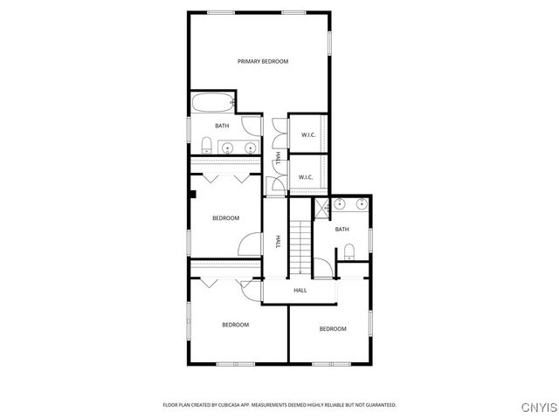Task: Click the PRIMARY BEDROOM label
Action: click(x=263, y=61)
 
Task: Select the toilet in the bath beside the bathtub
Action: click(x=206, y=144)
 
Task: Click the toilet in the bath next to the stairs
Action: click(x=349, y=251)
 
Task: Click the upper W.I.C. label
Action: click(x=308, y=134)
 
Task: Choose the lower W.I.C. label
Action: click(x=306, y=177)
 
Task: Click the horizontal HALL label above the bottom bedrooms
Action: click(x=300, y=290)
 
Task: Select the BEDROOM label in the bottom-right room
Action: click(x=332, y=328)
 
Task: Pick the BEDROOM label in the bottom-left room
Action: click(x=235, y=325)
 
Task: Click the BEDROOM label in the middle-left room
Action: click(x=225, y=218)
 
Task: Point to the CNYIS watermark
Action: click(x=537, y=407)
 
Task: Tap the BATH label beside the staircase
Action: click(x=342, y=230)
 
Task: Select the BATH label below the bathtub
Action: click(x=223, y=126)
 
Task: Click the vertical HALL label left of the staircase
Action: click(x=278, y=241)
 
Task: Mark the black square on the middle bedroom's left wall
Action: click(x=195, y=194)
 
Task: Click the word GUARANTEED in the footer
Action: click(x=376, y=405)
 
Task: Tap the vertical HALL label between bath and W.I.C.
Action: click(x=278, y=157)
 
